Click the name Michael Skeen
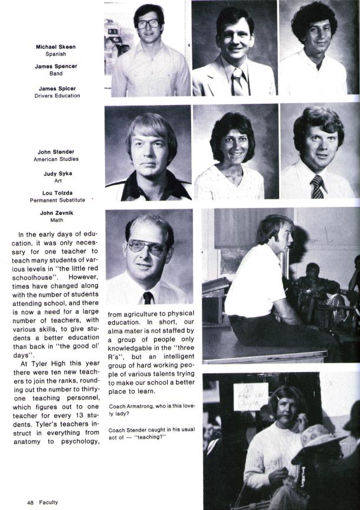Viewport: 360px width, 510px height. (55, 47)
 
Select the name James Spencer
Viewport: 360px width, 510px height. (55, 66)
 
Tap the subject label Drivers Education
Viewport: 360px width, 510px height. (55, 96)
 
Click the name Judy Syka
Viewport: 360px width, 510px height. (57, 174)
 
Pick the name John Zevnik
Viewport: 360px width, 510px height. (57, 213)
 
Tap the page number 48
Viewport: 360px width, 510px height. (30, 502)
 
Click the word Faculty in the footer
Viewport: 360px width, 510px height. (48, 502)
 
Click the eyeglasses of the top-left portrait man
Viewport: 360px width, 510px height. (148, 25)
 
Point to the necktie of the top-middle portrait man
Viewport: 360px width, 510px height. (237, 81)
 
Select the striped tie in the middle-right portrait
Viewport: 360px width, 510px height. (317, 187)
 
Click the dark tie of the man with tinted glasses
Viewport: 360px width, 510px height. (148, 297)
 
